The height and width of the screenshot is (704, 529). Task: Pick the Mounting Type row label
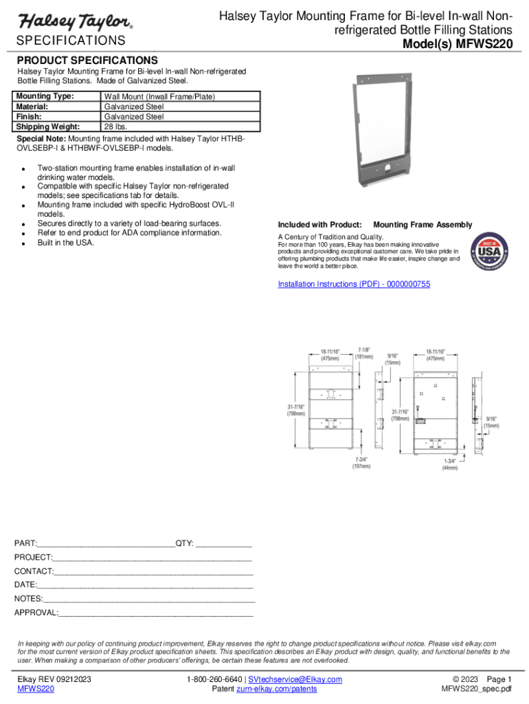click(45, 98)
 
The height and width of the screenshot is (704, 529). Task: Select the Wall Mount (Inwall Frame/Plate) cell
click(159, 98)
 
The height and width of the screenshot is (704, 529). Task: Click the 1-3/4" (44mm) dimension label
click(450, 463)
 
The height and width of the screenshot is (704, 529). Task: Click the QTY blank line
click(224, 544)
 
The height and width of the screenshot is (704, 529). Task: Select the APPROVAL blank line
click(156, 613)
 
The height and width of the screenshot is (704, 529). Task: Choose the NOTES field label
click(27, 599)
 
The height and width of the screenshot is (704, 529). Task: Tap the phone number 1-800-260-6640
click(214, 679)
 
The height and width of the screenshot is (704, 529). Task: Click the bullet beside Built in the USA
click(24, 244)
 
